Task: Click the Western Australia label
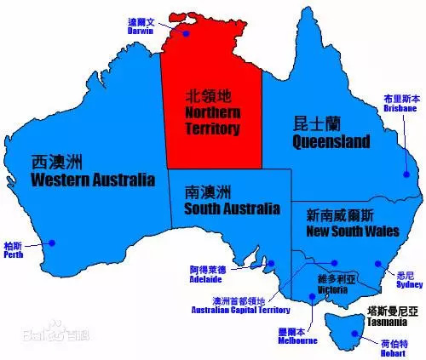pyautogui.click(x=92, y=171)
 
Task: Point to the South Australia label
pyautogui.click(x=231, y=200)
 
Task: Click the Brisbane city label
pyautogui.click(x=400, y=104)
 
